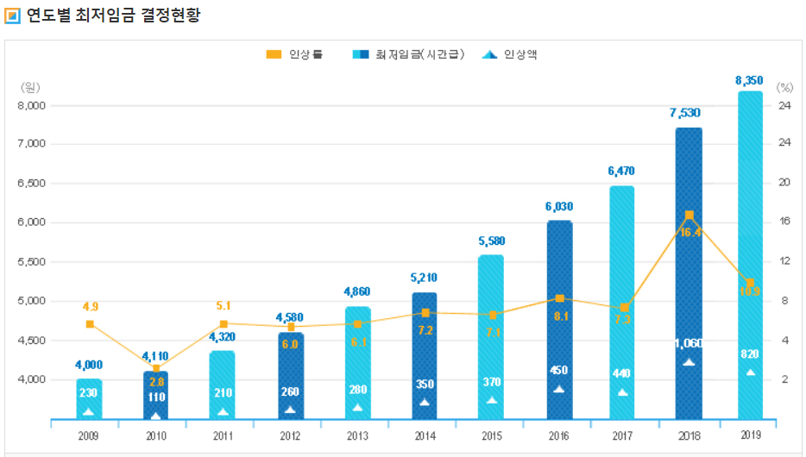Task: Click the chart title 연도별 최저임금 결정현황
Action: (114, 16)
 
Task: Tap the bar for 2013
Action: (357, 362)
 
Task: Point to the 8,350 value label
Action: (749, 80)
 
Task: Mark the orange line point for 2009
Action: (90, 324)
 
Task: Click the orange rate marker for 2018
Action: (689, 215)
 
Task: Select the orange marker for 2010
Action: (156, 368)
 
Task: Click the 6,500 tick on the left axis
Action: (34, 184)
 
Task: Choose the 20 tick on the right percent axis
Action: (784, 182)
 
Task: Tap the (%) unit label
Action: (784, 87)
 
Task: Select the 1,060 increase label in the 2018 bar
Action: (689, 343)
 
